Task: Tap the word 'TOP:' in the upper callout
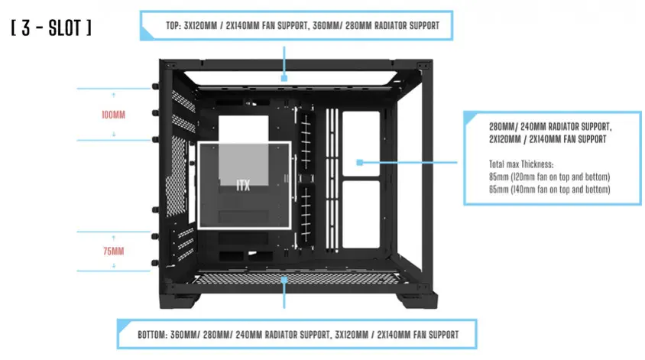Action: [173, 25]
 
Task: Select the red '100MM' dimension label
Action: [113, 115]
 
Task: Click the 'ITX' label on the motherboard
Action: [242, 184]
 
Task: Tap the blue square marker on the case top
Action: [284, 77]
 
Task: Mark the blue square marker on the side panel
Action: [358, 162]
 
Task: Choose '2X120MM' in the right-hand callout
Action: [507, 140]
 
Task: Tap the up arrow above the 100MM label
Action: [113, 95]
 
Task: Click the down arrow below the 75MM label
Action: [113, 264]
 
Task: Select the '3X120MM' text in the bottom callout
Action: [357, 334]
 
